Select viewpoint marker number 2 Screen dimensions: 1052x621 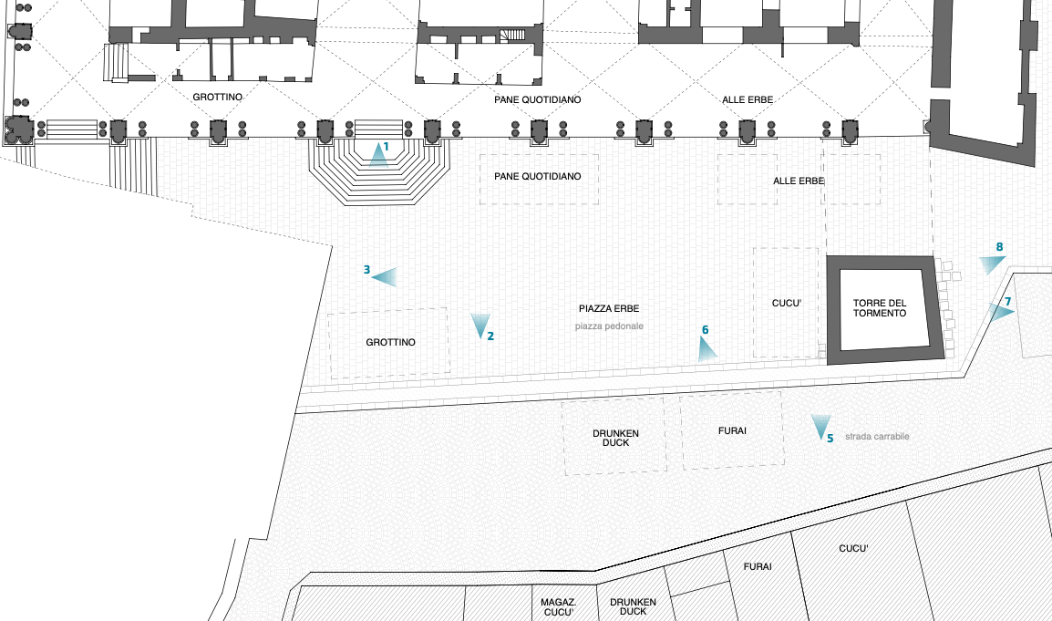tap(480, 326)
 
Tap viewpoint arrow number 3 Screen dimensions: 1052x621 tap(384, 276)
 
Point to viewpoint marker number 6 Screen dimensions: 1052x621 tap(706, 348)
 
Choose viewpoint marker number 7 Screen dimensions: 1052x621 tap(1000, 312)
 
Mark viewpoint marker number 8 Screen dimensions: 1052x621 tap(991, 264)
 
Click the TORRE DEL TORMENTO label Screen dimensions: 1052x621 tap(880, 308)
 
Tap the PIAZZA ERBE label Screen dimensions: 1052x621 tap(614, 308)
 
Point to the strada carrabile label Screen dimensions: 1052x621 tap(876, 437)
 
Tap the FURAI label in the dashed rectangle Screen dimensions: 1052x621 tap(732, 430)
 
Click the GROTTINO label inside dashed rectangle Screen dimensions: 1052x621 tap(390, 343)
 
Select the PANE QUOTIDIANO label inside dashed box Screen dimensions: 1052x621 tap(537, 175)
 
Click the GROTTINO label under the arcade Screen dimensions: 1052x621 tap(216, 96)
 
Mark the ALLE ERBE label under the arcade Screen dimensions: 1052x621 tap(748, 98)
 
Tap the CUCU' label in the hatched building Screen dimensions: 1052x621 tap(853, 549)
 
